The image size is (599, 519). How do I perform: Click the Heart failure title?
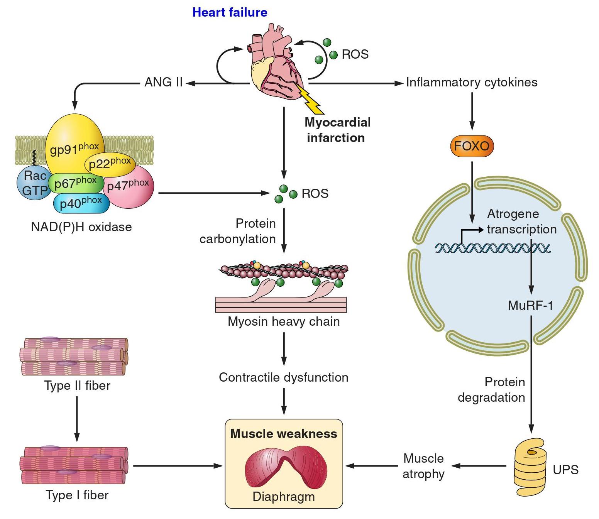click(230, 12)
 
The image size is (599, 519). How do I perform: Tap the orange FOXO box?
click(472, 146)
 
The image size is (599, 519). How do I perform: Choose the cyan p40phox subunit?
click(81, 203)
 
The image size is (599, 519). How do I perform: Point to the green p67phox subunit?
click(75, 183)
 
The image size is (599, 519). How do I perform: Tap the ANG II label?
click(163, 82)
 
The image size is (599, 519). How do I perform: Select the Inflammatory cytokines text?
click(472, 82)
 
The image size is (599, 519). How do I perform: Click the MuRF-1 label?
click(531, 306)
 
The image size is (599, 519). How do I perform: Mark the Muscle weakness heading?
click(284, 434)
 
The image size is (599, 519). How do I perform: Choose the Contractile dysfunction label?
click(284, 377)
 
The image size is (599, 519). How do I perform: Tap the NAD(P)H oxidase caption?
click(81, 227)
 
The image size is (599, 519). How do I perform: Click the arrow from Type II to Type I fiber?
click(77, 419)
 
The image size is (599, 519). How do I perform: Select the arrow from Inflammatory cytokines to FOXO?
click(472, 112)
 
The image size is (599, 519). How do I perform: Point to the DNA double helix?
click(492, 248)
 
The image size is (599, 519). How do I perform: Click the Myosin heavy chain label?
click(284, 321)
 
